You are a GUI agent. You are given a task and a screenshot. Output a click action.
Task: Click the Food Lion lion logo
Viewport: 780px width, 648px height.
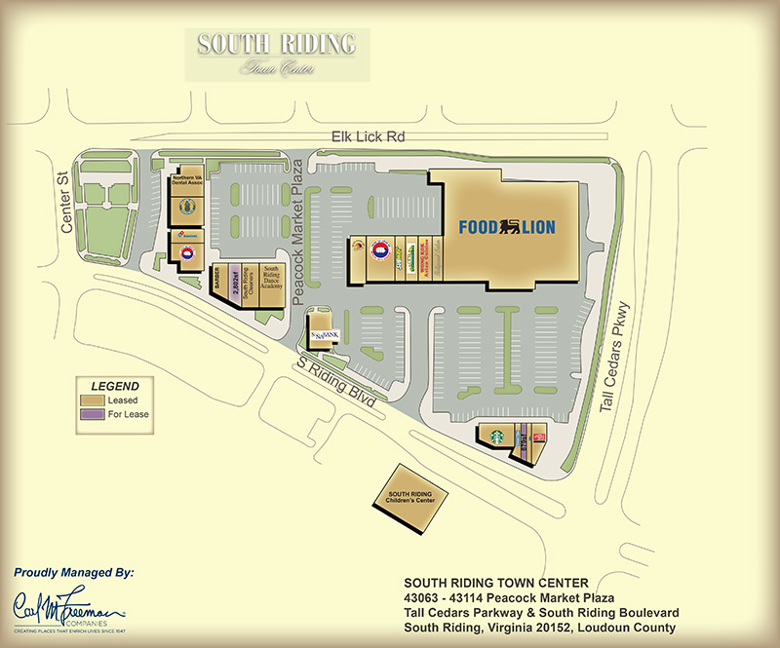509,228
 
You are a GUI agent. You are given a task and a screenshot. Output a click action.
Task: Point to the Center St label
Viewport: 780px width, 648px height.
67,205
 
